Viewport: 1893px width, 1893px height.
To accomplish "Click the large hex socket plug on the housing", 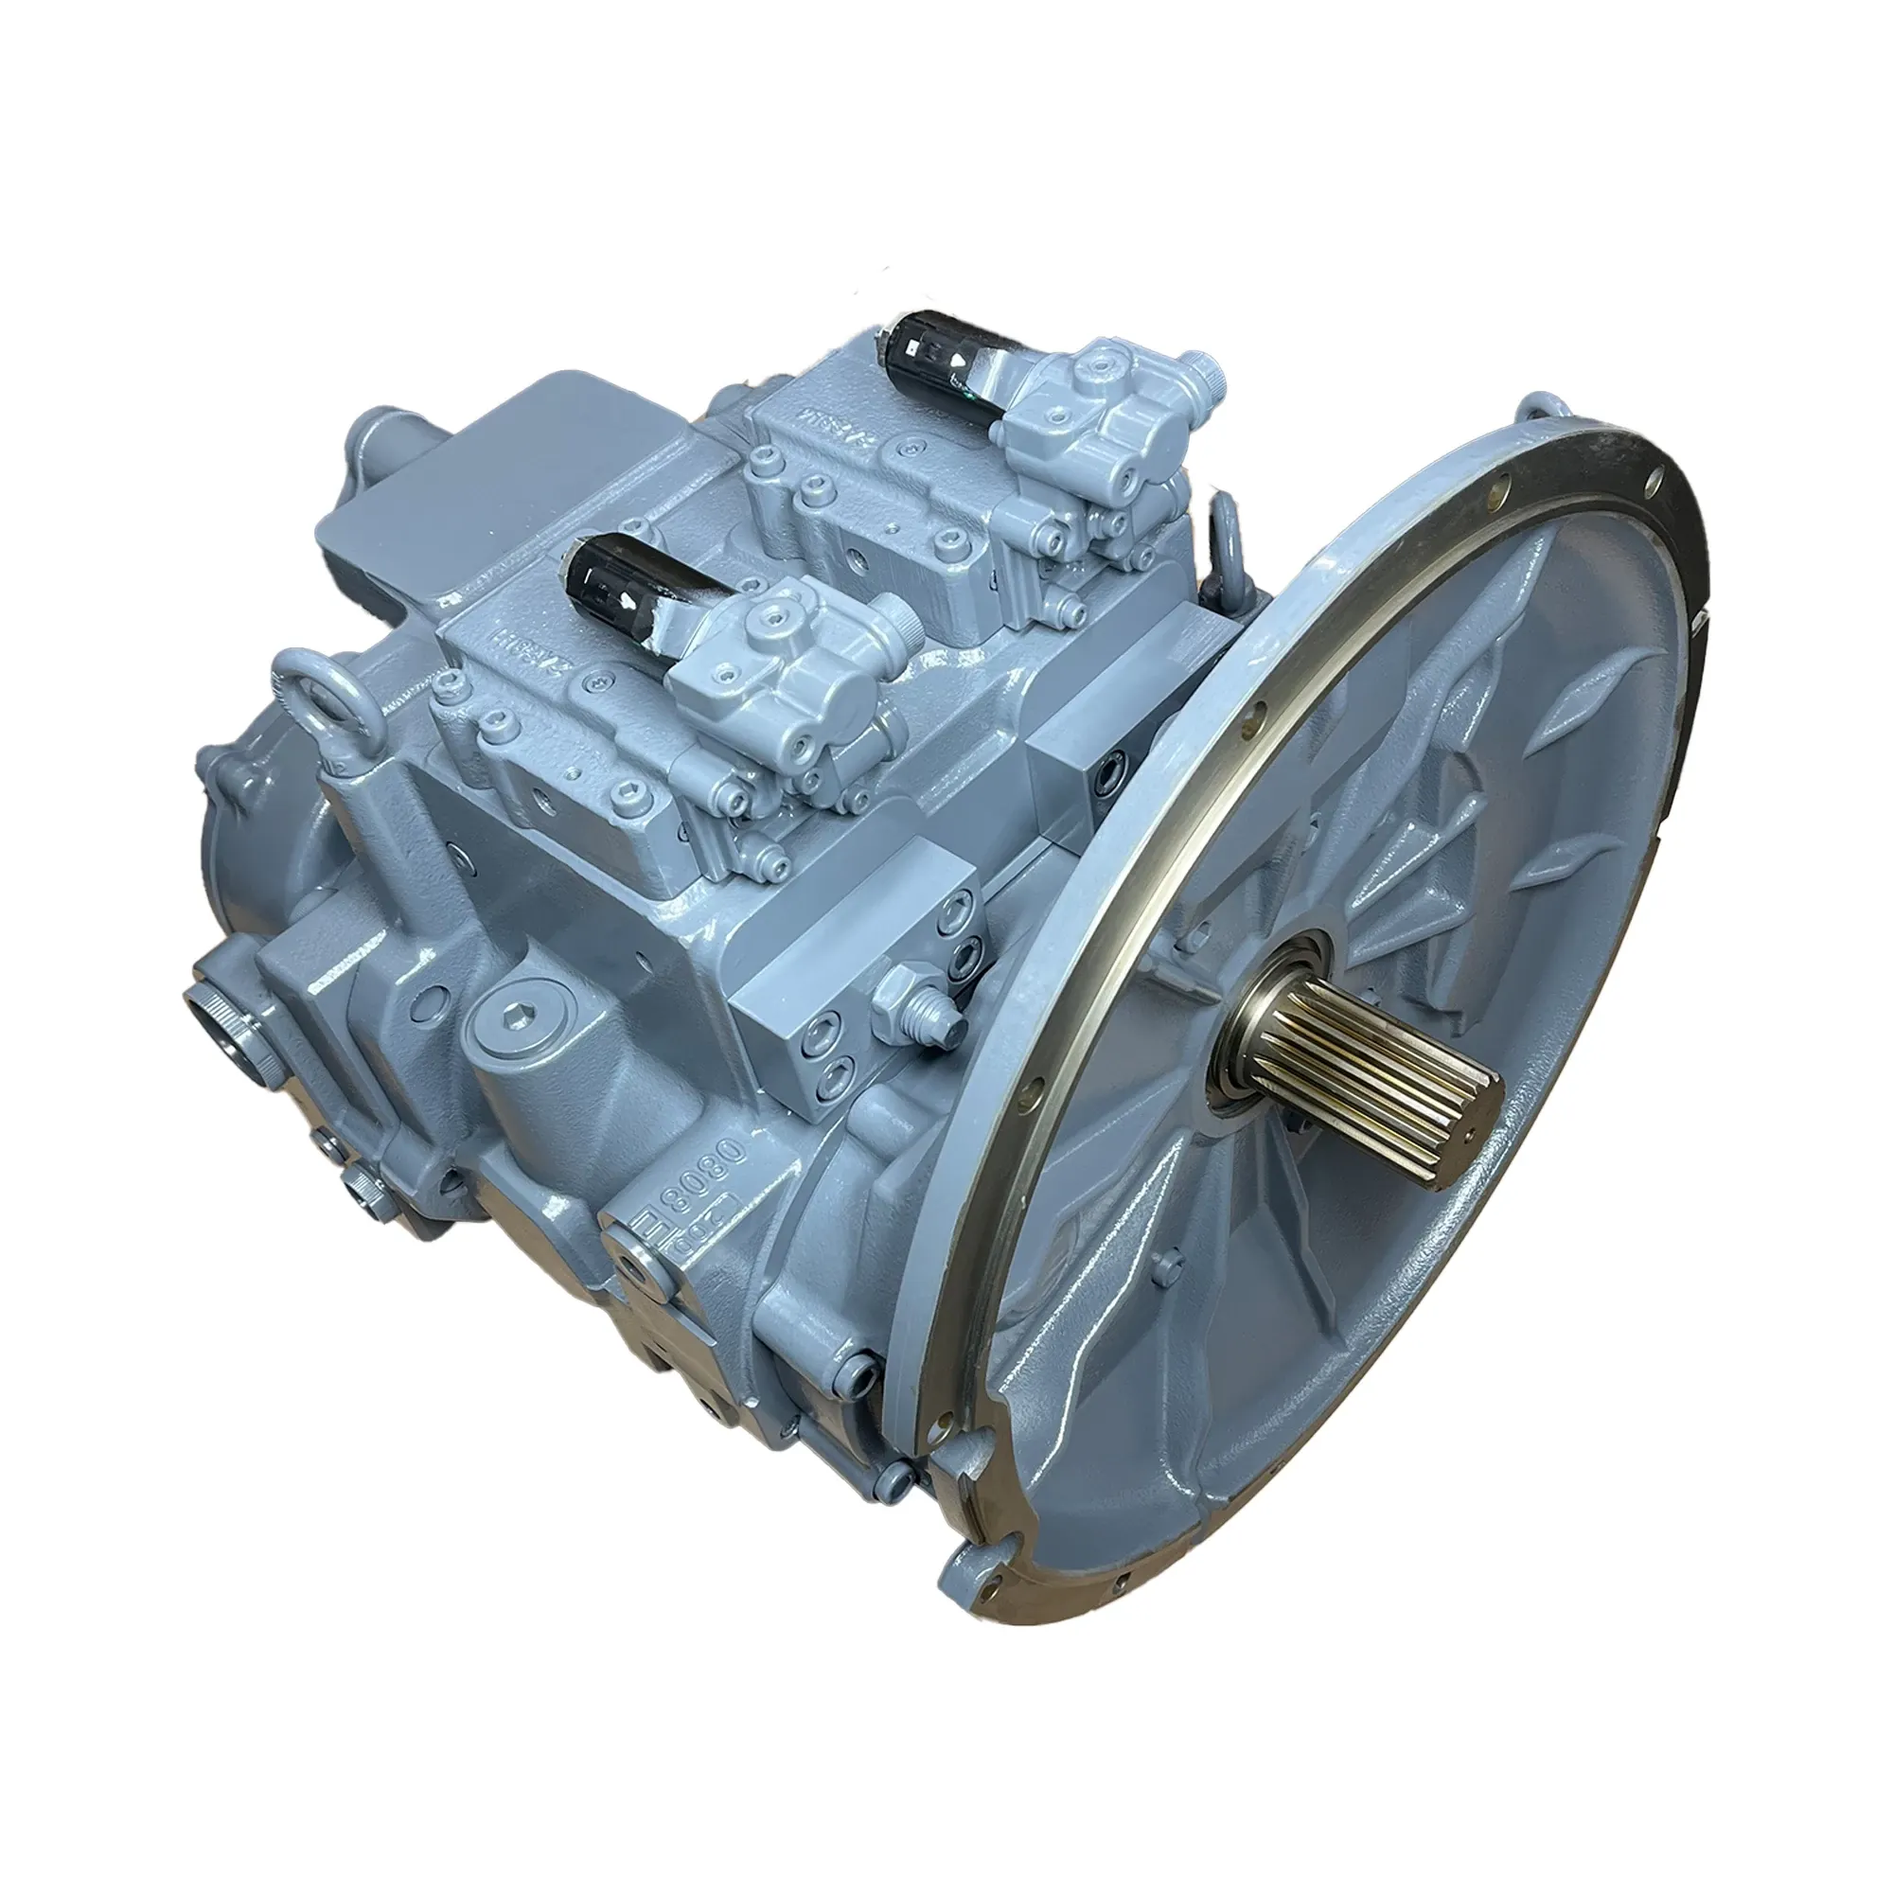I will coord(518,1026).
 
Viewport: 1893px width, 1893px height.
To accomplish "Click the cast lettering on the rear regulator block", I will coord(825,423).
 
